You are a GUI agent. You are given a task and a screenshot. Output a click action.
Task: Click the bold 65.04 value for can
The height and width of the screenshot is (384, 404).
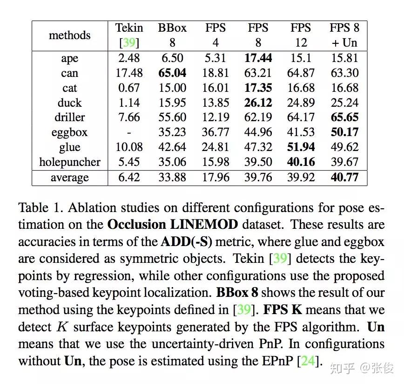tap(172, 73)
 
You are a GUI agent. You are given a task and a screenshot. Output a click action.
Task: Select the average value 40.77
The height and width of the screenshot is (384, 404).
tap(344, 178)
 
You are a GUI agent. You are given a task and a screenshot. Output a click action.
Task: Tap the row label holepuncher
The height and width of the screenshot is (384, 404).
tap(70, 163)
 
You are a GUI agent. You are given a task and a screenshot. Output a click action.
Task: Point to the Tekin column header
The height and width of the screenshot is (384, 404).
tap(129, 28)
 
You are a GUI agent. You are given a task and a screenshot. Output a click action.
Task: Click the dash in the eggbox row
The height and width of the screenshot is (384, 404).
tap(129, 133)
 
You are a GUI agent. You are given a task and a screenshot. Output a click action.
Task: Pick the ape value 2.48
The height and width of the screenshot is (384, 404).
tap(129, 58)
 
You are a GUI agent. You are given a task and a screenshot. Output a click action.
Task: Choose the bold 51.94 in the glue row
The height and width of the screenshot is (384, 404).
tap(301, 148)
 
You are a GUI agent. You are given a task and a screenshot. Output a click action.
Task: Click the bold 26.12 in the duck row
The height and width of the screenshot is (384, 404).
tap(258, 103)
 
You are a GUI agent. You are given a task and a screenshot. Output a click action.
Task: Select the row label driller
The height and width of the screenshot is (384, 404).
tap(70, 118)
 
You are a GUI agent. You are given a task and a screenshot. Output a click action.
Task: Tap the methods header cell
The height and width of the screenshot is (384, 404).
tap(70, 35)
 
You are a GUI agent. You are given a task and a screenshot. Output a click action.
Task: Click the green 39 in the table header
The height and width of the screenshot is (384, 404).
tap(129, 43)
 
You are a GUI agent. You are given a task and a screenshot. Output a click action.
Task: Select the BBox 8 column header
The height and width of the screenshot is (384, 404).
tap(172, 35)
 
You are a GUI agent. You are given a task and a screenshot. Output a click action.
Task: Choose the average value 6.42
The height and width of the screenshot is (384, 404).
tap(129, 178)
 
